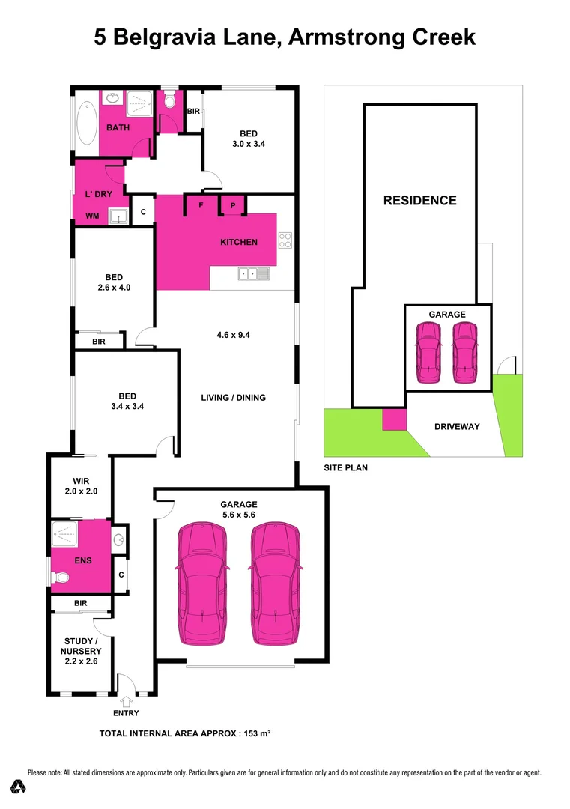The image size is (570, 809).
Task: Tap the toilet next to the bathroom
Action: (x=170, y=101)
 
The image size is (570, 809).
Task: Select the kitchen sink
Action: (x=248, y=274)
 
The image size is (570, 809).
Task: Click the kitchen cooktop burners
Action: (x=285, y=240)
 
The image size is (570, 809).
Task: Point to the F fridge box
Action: (x=201, y=204)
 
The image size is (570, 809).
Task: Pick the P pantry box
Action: (x=232, y=204)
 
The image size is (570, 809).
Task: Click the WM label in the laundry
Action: (x=92, y=216)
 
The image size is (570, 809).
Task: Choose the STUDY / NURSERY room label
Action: (x=81, y=651)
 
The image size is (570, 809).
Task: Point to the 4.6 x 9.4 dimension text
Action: (x=232, y=335)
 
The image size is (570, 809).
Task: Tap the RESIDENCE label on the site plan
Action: (x=419, y=200)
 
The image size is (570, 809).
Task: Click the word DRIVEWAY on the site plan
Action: (x=457, y=426)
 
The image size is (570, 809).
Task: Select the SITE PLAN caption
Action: (x=345, y=467)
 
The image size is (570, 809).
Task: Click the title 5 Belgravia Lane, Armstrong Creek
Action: (x=285, y=37)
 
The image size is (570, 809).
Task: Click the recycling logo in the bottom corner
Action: (x=19, y=787)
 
